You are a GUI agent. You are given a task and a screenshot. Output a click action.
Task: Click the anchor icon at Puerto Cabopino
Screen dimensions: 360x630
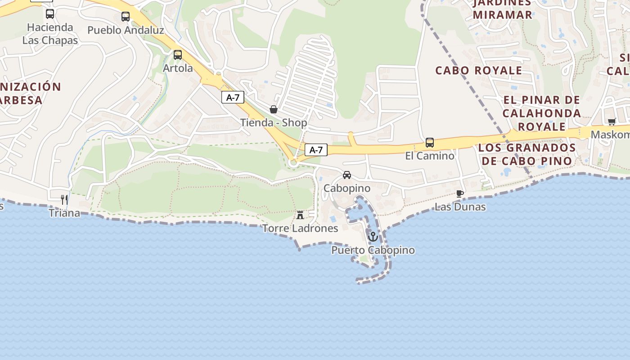tap(373, 236)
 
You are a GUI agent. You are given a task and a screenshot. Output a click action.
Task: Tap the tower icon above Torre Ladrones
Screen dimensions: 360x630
tap(300, 215)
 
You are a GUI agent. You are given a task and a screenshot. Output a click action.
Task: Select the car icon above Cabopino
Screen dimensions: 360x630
tap(346, 175)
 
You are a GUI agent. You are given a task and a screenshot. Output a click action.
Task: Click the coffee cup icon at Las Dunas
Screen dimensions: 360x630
tap(459, 193)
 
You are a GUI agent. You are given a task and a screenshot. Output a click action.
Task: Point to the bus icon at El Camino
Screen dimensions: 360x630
tap(430, 143)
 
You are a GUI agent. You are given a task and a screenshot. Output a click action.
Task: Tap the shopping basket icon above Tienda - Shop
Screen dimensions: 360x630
tap(273, 109)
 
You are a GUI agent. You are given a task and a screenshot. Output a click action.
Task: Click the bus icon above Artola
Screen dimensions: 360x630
tap(178, 55)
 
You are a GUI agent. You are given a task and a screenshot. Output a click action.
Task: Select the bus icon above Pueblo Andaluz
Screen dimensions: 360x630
tap(126, 17)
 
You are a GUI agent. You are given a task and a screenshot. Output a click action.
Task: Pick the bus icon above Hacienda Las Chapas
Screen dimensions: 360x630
tap(50, 14)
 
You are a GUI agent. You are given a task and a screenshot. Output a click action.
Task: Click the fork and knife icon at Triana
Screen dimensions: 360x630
tap(64, 199)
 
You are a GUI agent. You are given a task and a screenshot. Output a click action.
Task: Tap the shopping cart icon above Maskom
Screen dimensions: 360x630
tap(612, 121)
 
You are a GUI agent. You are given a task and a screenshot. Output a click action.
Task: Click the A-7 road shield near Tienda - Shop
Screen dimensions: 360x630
tap(233, 97)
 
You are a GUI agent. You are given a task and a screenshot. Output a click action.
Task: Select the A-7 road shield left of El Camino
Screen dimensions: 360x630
tap(316, 150)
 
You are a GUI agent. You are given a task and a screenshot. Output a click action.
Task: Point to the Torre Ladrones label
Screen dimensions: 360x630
tap(300, 228)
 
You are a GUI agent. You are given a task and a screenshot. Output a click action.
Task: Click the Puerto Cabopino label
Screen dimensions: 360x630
tap(373, 250)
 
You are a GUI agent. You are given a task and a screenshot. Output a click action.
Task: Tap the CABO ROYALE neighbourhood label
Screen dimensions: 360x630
tap(478, 71)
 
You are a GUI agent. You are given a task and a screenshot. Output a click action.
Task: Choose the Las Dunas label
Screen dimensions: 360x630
tap(460, 207)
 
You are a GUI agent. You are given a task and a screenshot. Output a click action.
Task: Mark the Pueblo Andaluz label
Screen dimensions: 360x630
tap(126, 30)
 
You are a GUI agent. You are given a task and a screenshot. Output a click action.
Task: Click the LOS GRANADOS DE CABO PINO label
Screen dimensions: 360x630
tap(526, 154)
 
